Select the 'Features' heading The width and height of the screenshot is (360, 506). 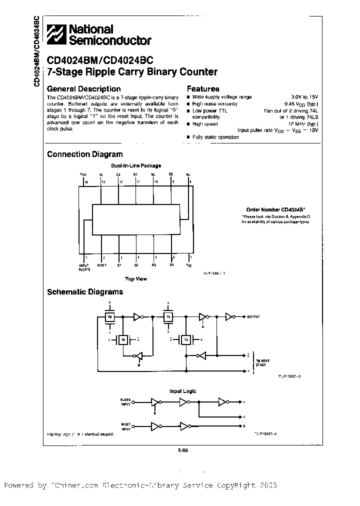point(203,88)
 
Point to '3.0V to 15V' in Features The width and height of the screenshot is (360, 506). point(305,97)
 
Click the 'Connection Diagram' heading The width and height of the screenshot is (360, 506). point(84,154)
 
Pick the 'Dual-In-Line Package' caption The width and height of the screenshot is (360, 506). point(136,165)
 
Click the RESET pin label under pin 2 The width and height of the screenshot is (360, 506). point(102,265)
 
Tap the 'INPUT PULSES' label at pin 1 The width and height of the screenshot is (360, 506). point(84,267)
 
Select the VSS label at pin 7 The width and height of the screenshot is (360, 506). point(188,265)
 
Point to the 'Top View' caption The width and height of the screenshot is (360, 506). point(135,278)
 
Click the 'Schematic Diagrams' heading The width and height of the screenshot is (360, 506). point(85,292)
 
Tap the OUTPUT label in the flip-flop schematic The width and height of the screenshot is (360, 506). point(253,317)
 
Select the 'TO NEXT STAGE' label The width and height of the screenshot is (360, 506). point(263,362)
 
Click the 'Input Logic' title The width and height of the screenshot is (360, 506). point(183,391)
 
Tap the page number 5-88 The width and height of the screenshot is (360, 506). point(182,449)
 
